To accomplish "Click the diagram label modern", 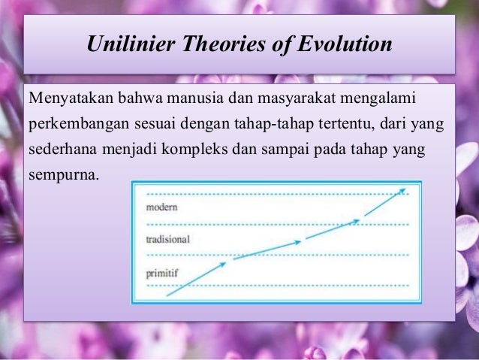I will tap(161, 207).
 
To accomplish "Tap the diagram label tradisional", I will tap(167, 240).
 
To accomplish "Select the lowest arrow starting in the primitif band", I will tap(195, 279).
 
